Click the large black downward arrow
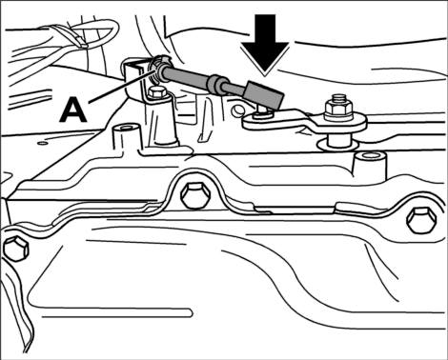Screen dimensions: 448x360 (265, 45)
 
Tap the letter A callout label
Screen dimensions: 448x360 (73, 110)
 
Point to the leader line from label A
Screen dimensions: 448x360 (122, 87)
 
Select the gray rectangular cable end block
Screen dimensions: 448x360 (264, 94)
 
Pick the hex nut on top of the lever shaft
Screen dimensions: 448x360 (338, 108)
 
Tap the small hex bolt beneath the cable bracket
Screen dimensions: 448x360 (157, 92)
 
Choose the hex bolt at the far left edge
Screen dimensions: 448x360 (16, 249)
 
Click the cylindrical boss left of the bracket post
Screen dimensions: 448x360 (126, 136)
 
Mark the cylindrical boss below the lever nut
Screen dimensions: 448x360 (370, 164)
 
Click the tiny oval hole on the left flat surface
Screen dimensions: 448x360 (42, 143)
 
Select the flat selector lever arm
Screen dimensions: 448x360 (304, 120)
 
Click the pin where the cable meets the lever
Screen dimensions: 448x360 (262, 112)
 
